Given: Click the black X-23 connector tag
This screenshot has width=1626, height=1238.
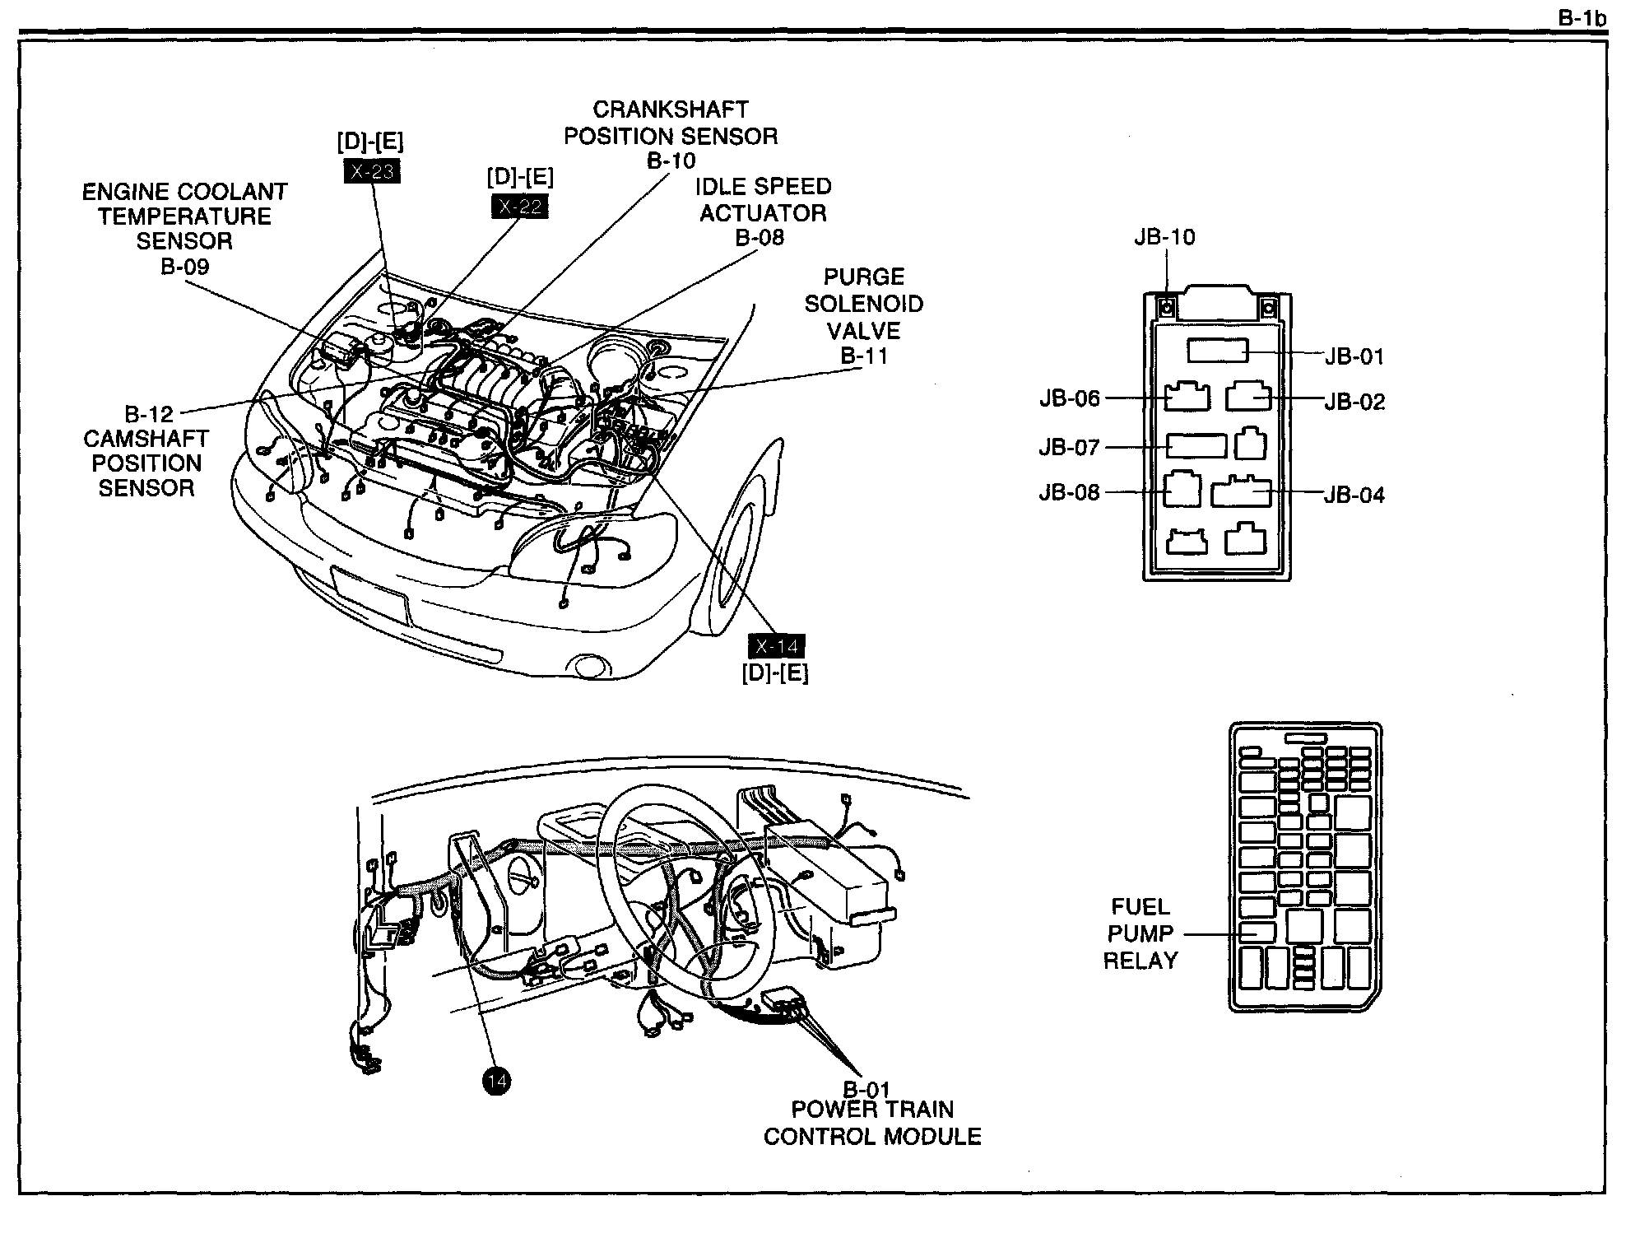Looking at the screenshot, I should [x=372, y=171].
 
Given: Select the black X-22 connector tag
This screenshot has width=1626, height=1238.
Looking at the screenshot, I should [x=520, y=207].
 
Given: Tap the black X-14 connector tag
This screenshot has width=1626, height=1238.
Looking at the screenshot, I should [x=776, y=646].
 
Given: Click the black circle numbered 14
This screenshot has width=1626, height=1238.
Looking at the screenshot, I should [x=497, y=1081].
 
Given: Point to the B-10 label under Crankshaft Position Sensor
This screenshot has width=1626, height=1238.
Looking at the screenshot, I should [x=671, y=161].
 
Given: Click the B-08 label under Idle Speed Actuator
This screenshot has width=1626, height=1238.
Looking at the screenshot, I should [x=760, y=238].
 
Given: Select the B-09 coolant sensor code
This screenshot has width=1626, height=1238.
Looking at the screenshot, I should [x=185, y=267].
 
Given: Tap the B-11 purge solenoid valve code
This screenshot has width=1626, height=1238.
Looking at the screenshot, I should [x=864, y=356].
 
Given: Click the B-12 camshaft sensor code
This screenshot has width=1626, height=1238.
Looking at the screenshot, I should [x=149, y=413].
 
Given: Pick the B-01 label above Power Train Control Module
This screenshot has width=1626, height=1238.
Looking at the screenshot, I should [x=866, y=1090].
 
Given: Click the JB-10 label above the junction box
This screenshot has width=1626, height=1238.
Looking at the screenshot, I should [x=1164, y=237].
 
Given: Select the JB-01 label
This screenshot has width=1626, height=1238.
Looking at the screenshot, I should [x=1354, y=356].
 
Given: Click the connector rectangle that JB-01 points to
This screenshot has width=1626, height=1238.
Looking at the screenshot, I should [x=1218, y=351].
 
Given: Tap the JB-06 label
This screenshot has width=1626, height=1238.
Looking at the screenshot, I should [x=1069, y=398].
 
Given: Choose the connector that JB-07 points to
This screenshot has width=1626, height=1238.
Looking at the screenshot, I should [x=1196, y=446].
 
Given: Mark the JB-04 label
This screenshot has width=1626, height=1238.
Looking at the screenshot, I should [x=1354, y=495].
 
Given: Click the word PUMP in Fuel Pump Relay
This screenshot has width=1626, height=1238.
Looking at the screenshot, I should [x=1140, y=933].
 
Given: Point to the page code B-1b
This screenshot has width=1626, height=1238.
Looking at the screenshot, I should [x=1582, y=18].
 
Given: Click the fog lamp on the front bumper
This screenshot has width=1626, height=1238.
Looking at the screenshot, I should [x=589, y=665].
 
